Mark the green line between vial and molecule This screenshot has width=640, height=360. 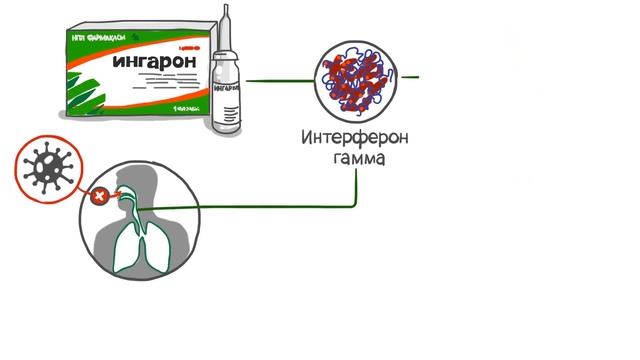tap(280, 80)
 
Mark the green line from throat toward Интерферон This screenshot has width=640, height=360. tap(260, 207)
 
